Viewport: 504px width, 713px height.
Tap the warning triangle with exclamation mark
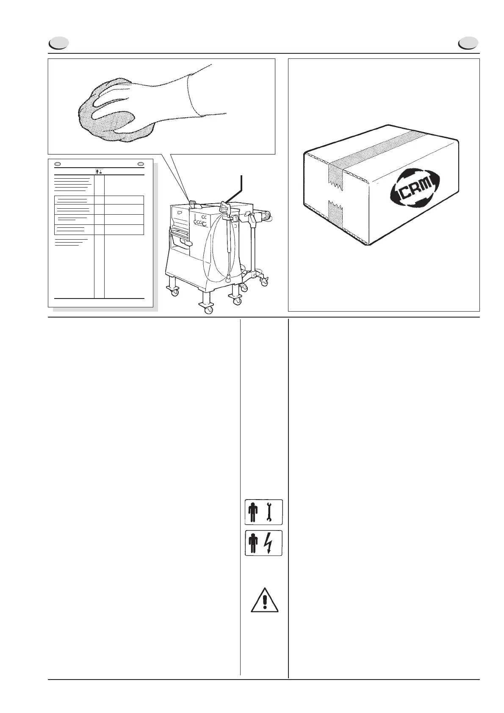pyautogui.click(x=265, y=600)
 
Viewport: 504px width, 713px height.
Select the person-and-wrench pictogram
pyautogui.click(x=263, y=512)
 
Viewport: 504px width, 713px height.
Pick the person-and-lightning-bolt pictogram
pyautogui.click(x=263, y=543)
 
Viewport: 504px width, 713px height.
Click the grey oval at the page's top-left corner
pyautogui.click(x=58, y=43)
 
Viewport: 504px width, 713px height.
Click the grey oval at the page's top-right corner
pyautogui.click(x=468, y=43)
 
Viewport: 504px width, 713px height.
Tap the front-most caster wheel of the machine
pyautogui.click(x=208, y=310)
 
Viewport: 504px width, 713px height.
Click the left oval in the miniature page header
pyautogui.click(x=59, y=164)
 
